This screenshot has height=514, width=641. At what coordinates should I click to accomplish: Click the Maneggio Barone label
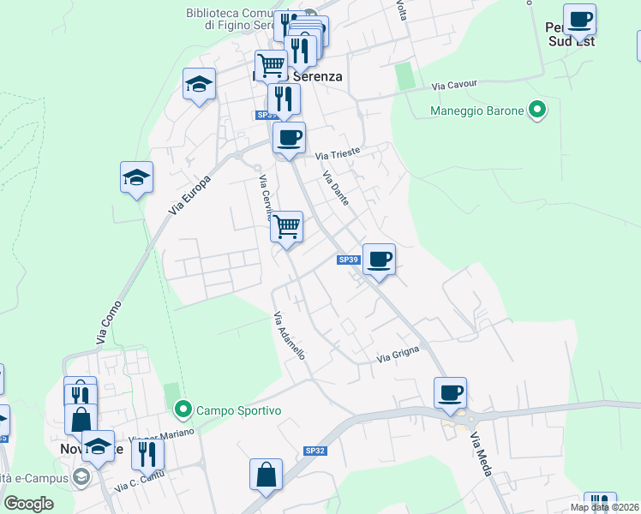(x=477, y=111)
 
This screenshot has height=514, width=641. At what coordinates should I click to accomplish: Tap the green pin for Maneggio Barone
(x=537, y=110)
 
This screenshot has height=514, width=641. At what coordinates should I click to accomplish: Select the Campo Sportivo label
(x=238, y=410)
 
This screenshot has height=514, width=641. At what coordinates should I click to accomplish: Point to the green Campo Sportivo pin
(x=182, y=409)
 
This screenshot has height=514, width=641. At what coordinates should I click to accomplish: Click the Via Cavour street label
(x=454, y=86)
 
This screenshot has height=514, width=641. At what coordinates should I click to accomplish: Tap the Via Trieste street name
(x=340, y=155)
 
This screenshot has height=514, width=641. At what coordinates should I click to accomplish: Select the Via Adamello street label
(x=289, y=335)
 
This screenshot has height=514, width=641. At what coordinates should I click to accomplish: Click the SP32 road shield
(x=315, y=451)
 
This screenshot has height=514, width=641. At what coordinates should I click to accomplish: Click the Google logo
(x=29, y=504)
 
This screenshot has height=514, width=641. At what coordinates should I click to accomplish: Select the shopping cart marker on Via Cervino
(x=287, y=227)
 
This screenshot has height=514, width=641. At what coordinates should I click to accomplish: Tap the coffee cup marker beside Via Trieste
(x=289, y=137)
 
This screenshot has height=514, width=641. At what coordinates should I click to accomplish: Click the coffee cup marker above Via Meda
(x=450, y=393)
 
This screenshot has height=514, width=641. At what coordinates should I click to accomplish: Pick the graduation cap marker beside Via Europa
(x=136, y=177)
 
